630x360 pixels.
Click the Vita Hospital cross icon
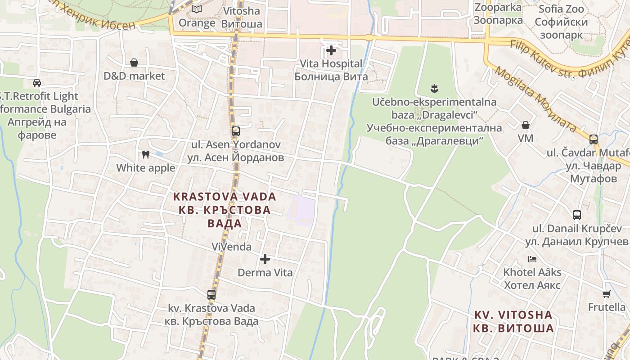[x=331, y=50]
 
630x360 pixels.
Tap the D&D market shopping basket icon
[x=134, y=63]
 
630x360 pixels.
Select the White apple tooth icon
[x=145, y=154]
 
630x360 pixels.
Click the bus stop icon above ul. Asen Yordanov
[x=235, y=131]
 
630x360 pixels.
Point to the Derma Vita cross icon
[x=265, y=259]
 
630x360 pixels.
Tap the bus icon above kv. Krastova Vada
[x=211, y=295]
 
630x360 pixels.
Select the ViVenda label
[x=231, y=247]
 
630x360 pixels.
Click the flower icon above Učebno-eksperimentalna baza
[x=434, y=88]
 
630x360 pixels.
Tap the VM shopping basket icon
[x=525, y=125]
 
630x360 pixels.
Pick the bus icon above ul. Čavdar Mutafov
[x=594, y=139]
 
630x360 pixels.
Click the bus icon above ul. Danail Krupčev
[x=577, y=215]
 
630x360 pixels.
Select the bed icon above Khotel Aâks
[x=532, y=259]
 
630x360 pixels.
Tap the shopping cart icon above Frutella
[x=606, y=294]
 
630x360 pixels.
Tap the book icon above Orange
[x=197, y=9]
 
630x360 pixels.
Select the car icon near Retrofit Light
[x=37, y=83]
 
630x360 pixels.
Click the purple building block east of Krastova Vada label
[x=301, y=211]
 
